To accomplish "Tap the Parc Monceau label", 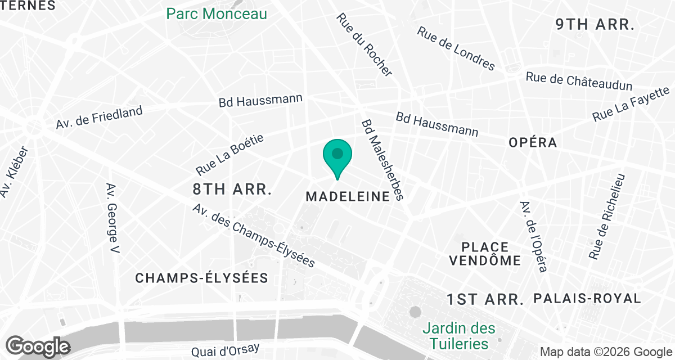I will [x=217, y=13].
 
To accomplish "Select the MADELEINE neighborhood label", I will [x=348, y=196].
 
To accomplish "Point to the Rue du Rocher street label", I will [x=364, y=44].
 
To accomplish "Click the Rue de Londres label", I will [x=456, y=49].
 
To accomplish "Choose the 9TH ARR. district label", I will [x=595, y=25].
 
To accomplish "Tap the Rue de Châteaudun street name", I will [x=579, y=82].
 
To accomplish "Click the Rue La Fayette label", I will [x=631, y=104].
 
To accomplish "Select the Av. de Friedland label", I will [x=100, y=118].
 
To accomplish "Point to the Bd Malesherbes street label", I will [x=382, y=159].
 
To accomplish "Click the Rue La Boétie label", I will [x=229, y=155].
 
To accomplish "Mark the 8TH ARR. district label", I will [x=231, y=189].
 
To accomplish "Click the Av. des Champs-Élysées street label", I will [x=253, y=235].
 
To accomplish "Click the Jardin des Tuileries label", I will [x=459, y=335].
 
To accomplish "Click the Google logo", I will [x=38, y=346].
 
